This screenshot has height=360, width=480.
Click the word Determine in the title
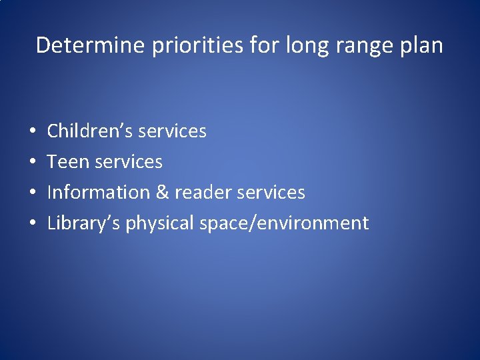pos(91,45)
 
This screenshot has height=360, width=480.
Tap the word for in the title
pos(266,45)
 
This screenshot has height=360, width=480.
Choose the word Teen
pos(66,161)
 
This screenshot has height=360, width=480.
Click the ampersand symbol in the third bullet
pos(162,192)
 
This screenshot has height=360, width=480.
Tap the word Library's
pos(84,223)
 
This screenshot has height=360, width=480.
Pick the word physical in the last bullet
pos(160,223)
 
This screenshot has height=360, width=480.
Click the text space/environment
pos(284,223)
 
